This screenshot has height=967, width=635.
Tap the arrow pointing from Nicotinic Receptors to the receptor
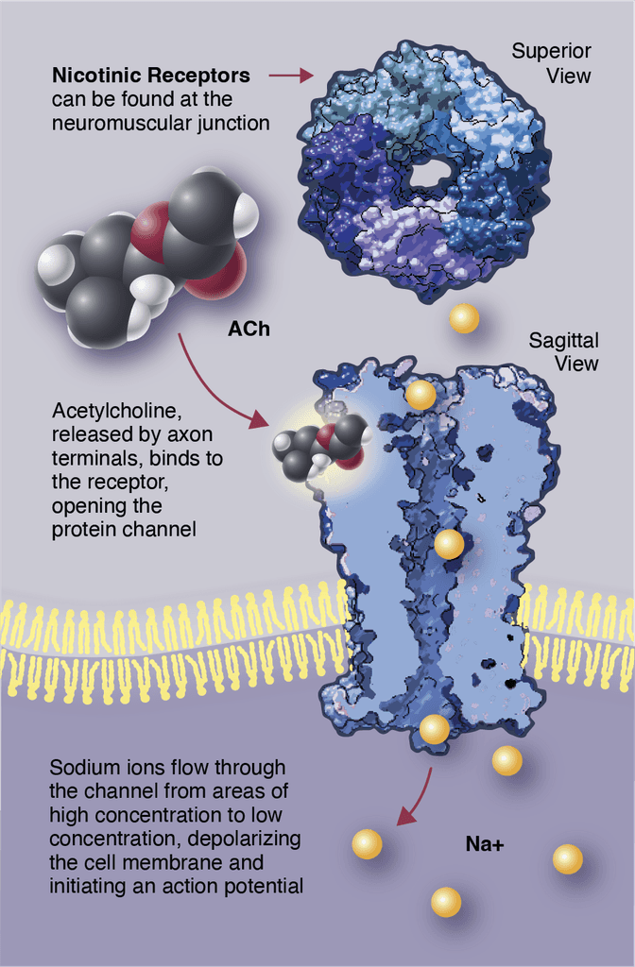point(290,74)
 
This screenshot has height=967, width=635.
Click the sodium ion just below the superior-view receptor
point(464,318)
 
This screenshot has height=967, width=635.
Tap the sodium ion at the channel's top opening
point(420,395)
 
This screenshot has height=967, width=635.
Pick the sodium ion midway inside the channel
point(449,544)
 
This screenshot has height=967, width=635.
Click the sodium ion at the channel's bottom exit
point(434,729)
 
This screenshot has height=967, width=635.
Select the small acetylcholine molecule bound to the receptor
point(317,446)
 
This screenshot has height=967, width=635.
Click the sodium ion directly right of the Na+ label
point(567,858)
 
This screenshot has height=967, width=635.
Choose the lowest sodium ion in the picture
point(446,902)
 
